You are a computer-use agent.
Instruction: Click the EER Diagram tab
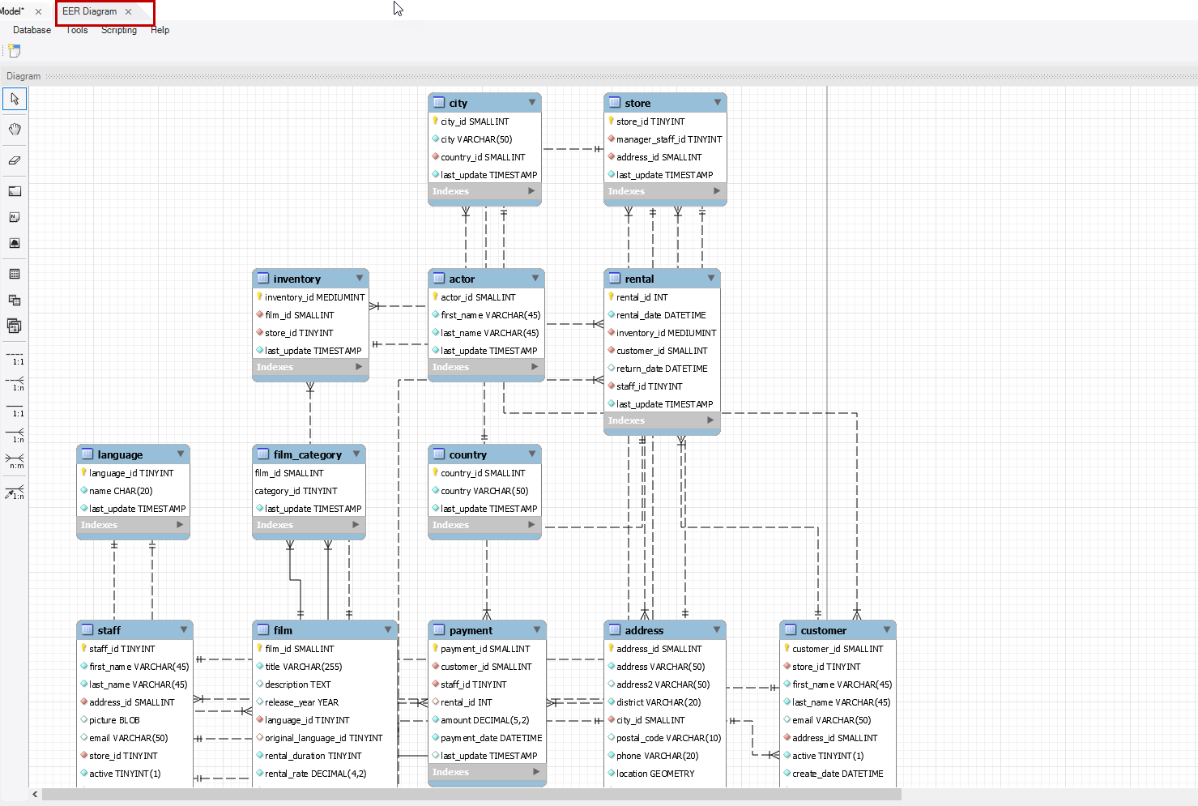(89, 12)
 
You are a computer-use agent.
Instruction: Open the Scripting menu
(119, 30)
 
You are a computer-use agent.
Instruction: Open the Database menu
(32, 30)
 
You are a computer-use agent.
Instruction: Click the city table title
(458, 103)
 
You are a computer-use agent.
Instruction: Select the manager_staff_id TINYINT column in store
(668, 139)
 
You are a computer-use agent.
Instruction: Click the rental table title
(639, 279)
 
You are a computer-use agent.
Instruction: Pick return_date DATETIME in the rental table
(662, 369)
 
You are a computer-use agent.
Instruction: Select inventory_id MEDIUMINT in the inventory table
(314, 297)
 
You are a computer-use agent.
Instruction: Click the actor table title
(462, 279)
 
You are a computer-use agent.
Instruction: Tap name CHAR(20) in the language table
(121, 491)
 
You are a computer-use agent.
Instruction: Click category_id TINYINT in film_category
(296, 491)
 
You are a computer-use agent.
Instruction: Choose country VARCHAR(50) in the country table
(484, 491)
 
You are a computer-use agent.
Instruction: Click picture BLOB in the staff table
(114, 720)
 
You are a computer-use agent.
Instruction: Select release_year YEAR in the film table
(301, 702)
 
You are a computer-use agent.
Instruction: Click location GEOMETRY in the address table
(655, 774)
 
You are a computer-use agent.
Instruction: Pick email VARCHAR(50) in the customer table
(831, 720)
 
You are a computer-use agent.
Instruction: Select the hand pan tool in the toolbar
(15, 130)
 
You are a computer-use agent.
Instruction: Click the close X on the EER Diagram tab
(129, 12)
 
